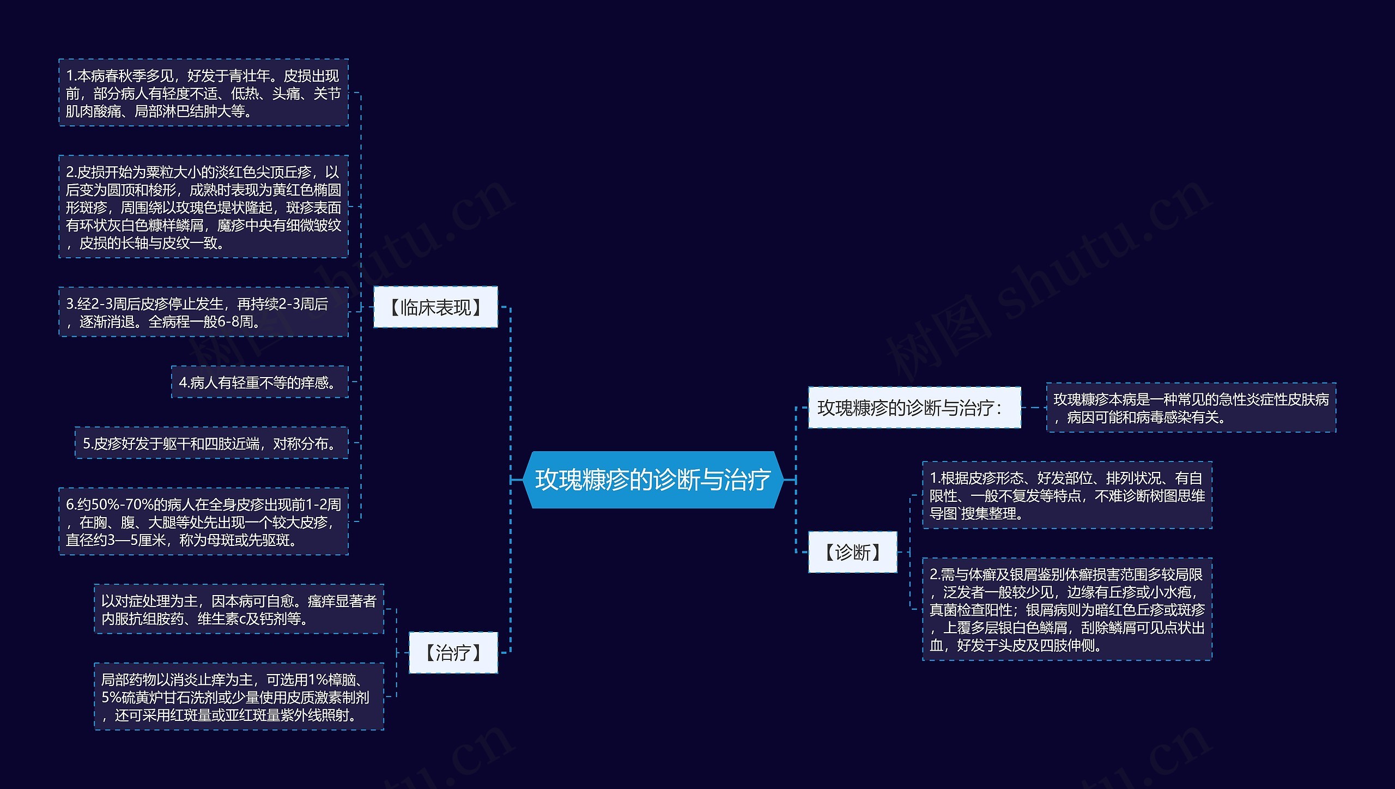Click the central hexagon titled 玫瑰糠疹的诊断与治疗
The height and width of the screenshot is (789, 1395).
653,480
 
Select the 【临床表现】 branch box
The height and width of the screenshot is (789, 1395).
435,307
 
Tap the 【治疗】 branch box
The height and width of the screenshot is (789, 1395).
453,652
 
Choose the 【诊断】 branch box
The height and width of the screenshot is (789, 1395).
852,552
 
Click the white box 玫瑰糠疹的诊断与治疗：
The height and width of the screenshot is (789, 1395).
914,408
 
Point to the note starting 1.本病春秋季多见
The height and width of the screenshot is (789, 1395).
203,93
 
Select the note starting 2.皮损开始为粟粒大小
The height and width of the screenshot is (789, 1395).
203,207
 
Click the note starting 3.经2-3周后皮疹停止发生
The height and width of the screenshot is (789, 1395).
203,312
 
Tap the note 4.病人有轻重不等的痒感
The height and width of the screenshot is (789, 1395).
259,383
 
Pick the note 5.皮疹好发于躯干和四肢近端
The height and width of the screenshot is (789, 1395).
211,444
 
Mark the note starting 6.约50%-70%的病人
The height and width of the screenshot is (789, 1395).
203,522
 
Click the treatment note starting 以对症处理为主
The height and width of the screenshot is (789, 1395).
239,609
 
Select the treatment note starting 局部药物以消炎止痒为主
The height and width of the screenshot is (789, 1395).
239,697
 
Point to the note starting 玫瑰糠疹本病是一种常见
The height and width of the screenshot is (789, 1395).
1191,408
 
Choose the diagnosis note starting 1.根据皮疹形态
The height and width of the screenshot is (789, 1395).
1066,495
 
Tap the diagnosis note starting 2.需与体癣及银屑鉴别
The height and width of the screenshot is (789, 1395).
1066,609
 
